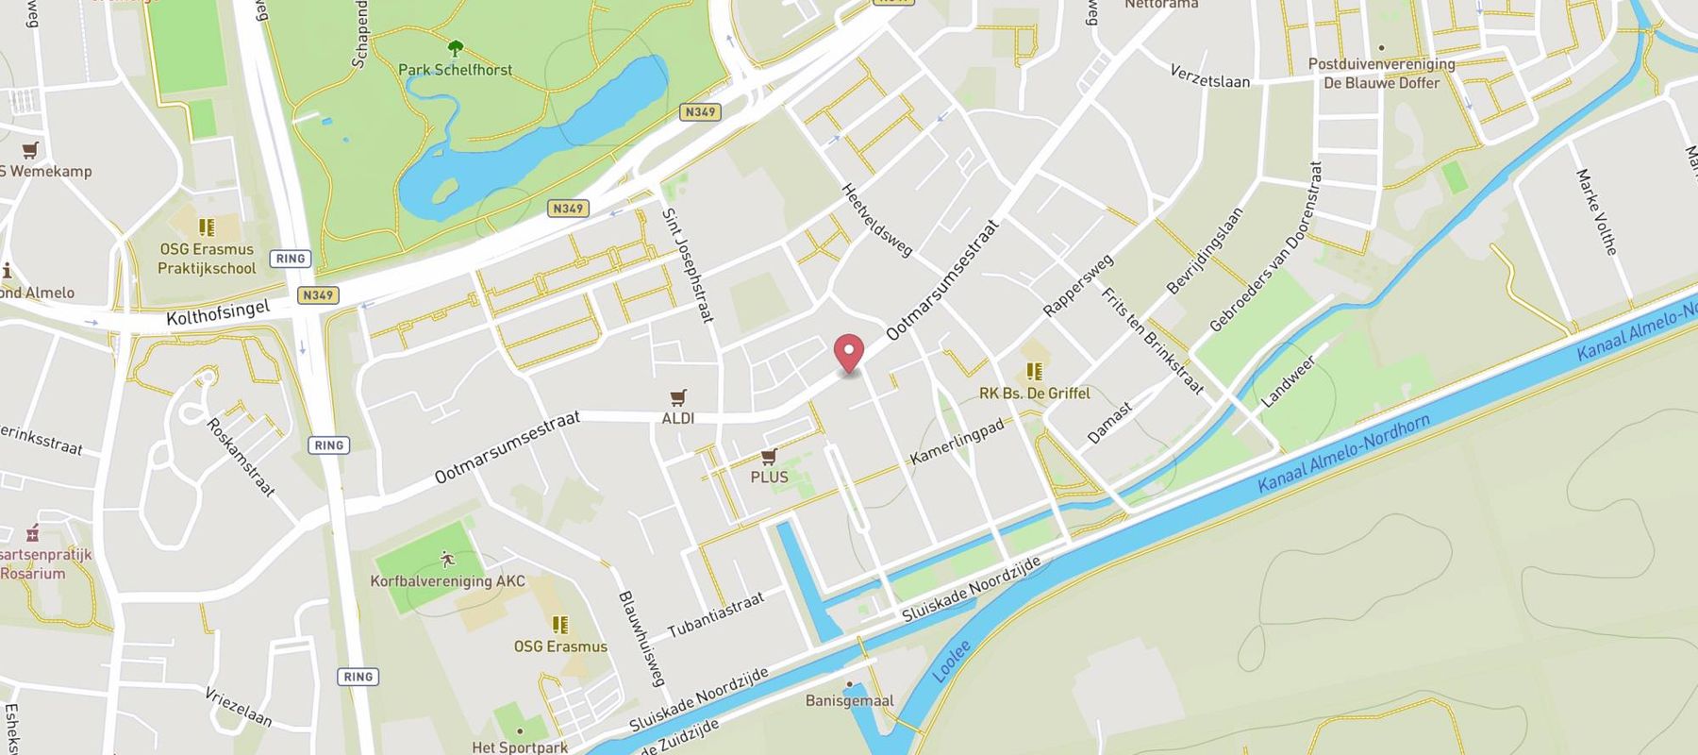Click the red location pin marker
[850, 353]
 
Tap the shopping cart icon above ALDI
[677, 397]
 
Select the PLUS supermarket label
[769, 477]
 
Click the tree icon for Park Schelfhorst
[455, 48]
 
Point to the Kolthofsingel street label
[218, 313]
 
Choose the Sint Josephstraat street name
[688, 265]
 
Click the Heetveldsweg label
[876, 220]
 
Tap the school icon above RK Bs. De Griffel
[1034, 372]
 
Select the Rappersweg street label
[1077, 285]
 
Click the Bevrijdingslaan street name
[1205, 251]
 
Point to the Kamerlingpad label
[957, 441]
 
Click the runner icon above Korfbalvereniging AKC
[447, 560]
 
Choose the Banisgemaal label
[849, 700]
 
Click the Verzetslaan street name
[1209, 76]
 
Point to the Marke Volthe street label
[1596, 212]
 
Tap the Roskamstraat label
[241, 457]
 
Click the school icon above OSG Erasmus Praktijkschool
[206, 227]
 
